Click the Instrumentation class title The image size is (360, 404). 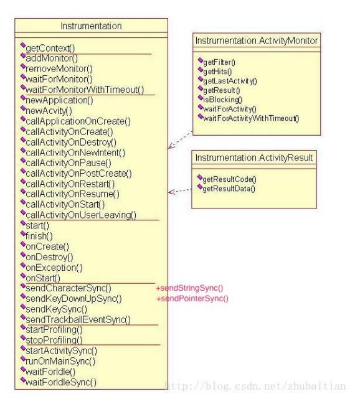point(91,26)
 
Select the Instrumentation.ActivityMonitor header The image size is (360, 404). point(257,40)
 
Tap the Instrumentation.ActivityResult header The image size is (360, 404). point(254,157)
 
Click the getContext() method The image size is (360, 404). point(50,48)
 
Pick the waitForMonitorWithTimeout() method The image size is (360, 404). point(85,90)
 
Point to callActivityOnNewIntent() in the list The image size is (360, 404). point(75,153)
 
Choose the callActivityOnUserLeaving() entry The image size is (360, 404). point(81,215)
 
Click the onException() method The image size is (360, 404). point(54,268)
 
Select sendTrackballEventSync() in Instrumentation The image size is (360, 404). point(78,320)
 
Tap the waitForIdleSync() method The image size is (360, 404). point(61,382)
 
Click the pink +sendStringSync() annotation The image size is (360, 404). point(189,288)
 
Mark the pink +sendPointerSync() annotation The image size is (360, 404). point(192,298)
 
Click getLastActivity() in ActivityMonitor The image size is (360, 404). point(230,81)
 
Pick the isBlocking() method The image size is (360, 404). point(223,100)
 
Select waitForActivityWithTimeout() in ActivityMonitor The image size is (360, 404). point(251,118)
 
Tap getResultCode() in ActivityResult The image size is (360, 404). point(229,179)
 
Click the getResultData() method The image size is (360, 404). point(229,189)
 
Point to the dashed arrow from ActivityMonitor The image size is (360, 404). point(181,139)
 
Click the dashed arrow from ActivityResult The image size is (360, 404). point(180,191)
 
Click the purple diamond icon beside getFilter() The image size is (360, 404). point(201,60)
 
